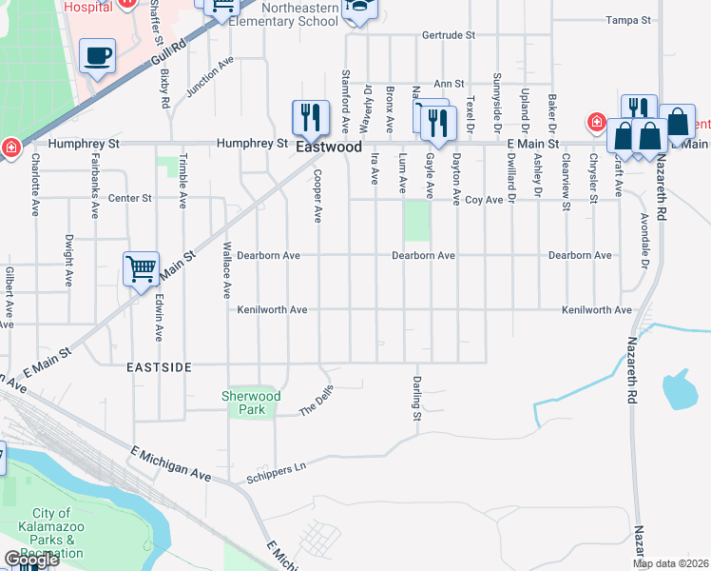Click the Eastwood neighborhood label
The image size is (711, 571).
pos(329,148)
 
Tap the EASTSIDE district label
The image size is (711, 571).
pos(161,366)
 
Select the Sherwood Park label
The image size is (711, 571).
pos(251,403)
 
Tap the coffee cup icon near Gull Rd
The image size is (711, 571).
pos(97,54)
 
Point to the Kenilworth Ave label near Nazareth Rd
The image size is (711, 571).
pos(596,310)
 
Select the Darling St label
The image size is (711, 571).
pos(416,399)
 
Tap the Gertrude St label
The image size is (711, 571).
pos(451,35)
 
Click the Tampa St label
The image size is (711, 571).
pos(629,19)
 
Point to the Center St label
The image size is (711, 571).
pos(130,198)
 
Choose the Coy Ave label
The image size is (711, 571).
pos(483,200)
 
